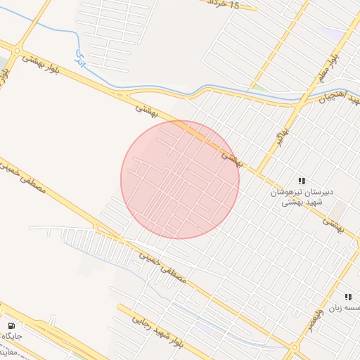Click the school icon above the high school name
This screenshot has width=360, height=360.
302,181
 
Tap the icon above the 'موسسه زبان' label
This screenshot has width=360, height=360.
348,298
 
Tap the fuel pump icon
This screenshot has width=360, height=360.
11,326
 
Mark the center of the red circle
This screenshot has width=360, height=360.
180,179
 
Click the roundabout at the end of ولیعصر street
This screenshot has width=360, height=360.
294,346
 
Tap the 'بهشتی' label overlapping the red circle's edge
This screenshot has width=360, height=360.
231,159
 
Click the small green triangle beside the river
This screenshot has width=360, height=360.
259,86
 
